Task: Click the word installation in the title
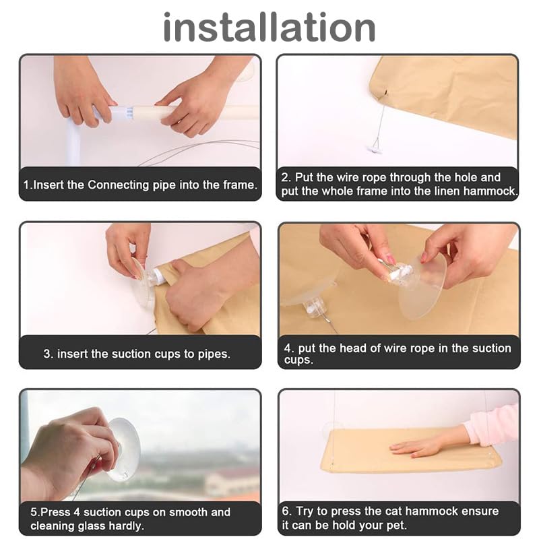click(269, 27)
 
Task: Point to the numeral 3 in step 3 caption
click(47, 354)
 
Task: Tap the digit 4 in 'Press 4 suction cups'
click(77, 512)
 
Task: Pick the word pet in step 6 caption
click(397, 526)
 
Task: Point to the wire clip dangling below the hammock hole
click(376, 145)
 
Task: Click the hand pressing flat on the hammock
click(418, 447)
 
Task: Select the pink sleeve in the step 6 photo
click(493, 424)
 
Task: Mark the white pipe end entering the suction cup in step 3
click(159, 276)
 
